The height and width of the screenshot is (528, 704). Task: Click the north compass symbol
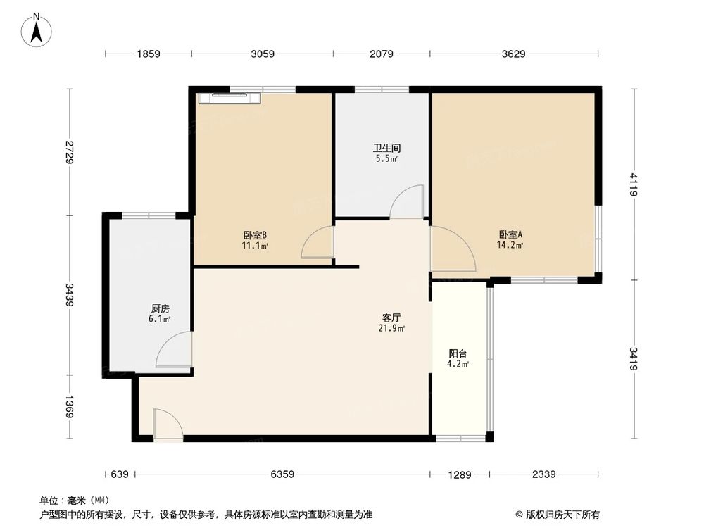(x=37, y=30)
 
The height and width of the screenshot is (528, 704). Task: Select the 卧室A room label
(x=510, y=235)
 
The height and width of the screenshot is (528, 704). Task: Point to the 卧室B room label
(x=254, y=235)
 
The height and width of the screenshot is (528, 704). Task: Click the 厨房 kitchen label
(x=160, y=308)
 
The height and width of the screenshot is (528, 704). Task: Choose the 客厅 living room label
(x=392, y=318)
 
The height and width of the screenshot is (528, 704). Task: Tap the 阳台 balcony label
(x=458, y=353)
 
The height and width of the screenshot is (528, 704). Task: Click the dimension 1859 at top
(x=149, y=54)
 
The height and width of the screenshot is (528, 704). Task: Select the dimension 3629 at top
(x=514, y=54)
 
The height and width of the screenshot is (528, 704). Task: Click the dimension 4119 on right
(x=634, y=184)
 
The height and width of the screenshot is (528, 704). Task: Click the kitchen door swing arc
(x=173, y=350)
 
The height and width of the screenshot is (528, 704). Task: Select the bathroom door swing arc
(x=406, y=202)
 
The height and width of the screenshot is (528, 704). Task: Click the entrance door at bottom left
(x=168, y=426)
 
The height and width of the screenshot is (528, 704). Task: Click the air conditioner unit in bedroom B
(x=230, y=97)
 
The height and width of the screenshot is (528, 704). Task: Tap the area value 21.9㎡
(x=392, y=328)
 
